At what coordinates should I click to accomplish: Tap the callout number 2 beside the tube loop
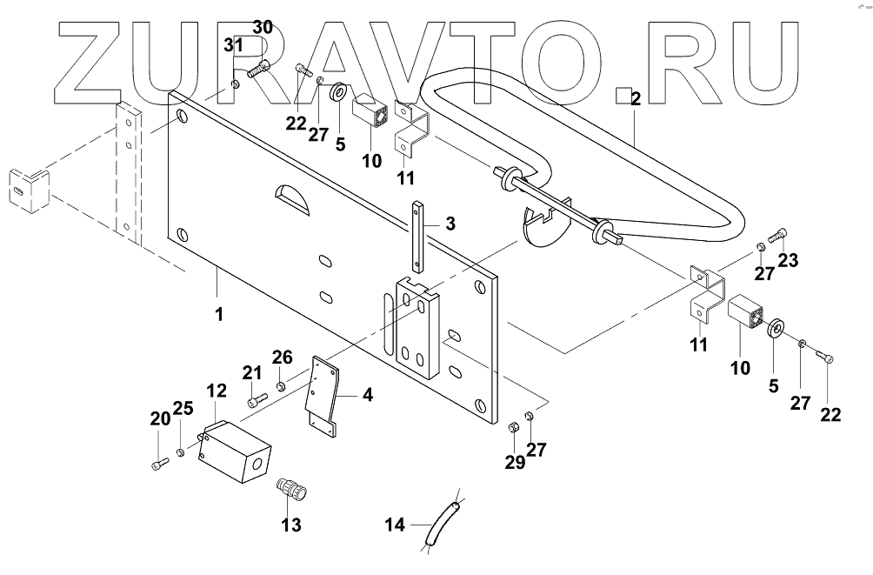(636, 100)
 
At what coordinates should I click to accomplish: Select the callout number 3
(450, 224)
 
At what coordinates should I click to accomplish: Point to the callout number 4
(368, 396)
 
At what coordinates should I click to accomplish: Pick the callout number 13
(291, 524)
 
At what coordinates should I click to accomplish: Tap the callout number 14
(395, 525)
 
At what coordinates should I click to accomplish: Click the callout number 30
(263, 27)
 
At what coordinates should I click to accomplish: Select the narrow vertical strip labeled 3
(419, 238)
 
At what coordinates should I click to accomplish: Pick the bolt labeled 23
(779, 233)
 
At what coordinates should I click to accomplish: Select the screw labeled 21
(256, 400)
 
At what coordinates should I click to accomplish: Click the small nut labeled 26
(281, 385)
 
